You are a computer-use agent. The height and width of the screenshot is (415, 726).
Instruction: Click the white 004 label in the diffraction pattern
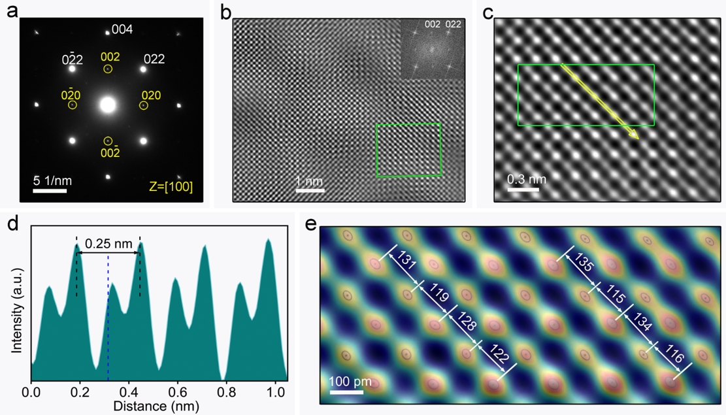pyautogui.click(x=122, y=29)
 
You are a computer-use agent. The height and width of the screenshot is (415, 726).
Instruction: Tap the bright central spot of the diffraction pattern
pyautogui.click(x=108, y=105)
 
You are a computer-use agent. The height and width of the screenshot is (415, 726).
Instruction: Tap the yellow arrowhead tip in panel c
pyautogui.click(x=637, y=137)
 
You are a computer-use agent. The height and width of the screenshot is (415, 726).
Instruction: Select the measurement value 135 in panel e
pyautogui.click(x=584, y=266)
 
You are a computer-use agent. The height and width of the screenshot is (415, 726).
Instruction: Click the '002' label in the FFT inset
pyautogui.click(x=432, y=25)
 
